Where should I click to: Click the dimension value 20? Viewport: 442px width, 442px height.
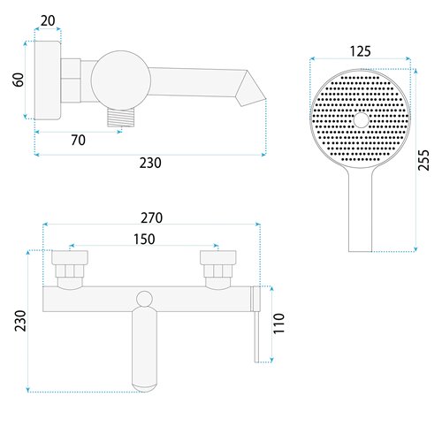click(48, 19)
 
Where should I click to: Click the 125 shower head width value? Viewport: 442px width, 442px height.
click(360, 50)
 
